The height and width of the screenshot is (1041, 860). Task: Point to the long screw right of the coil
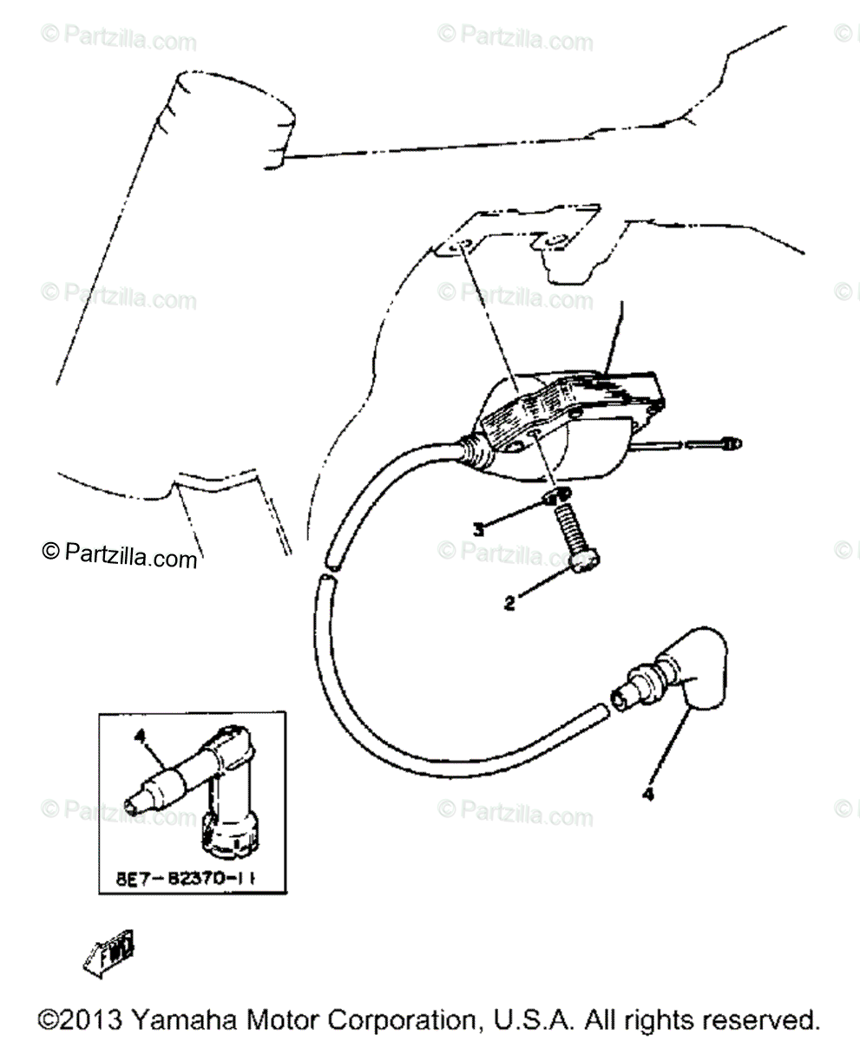coord(690,446)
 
